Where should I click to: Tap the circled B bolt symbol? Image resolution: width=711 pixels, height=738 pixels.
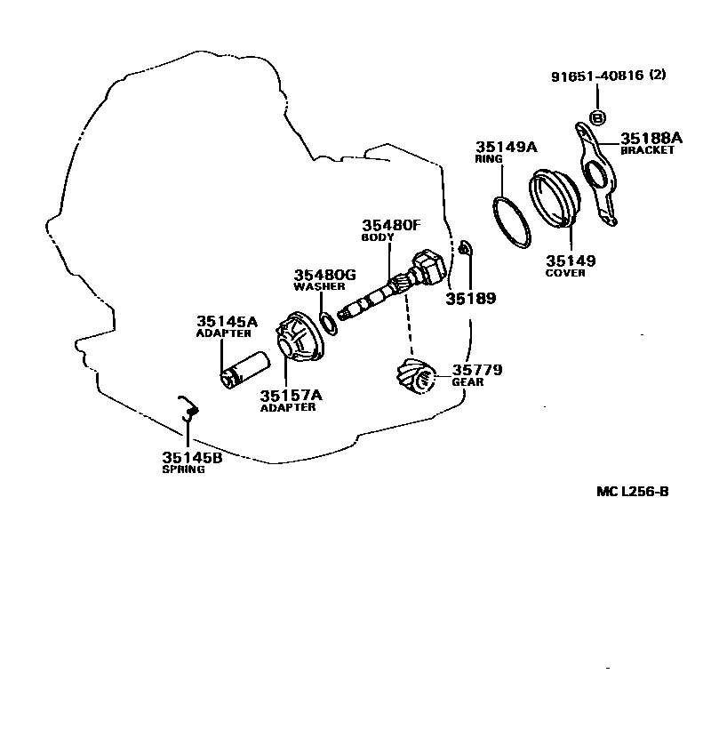(597, 118)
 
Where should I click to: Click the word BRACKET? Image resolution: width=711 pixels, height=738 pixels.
(647, 150)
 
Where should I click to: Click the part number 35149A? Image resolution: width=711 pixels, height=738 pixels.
(507, 147)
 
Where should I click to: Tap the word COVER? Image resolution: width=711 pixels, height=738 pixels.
(565, 273)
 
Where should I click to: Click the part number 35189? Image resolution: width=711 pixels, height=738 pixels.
(470, 299)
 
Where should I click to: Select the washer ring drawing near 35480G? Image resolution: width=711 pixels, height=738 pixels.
(329, 322)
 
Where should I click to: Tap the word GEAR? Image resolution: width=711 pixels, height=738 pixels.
(467, 382)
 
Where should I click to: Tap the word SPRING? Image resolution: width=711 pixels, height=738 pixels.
(183, 469)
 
